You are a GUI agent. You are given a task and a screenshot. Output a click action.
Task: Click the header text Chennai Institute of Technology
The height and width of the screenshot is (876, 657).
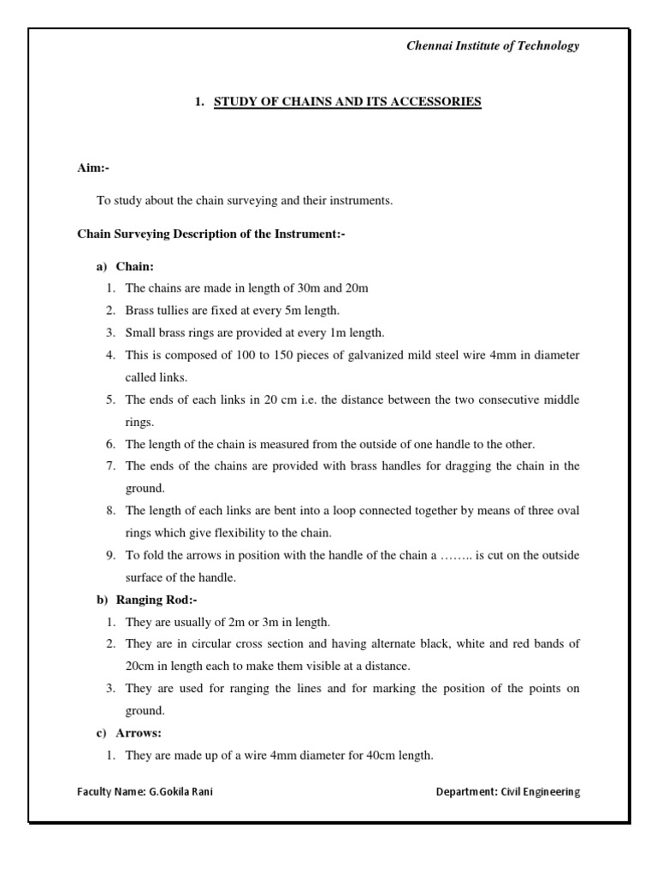(492, 46)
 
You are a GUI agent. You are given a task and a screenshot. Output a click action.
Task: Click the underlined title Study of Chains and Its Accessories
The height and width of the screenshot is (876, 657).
(347, 102)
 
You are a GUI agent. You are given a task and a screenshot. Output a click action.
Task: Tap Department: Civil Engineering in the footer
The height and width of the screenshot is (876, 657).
(507, 792)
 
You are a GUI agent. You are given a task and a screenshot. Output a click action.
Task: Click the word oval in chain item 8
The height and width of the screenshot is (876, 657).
(567, 511)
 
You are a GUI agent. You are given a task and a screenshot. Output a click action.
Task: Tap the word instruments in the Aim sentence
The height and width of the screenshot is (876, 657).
(358, 201)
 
